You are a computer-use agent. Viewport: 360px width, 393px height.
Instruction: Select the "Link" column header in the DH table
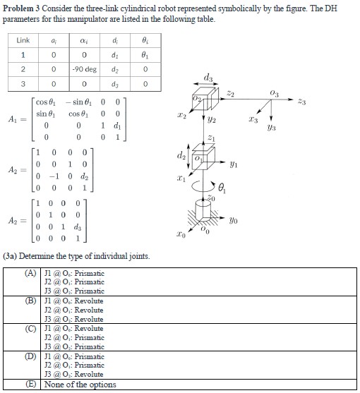pyautogui.click(x=23, y=42)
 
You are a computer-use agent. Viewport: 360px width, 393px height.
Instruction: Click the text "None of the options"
pyautogui.click(x=81, y=385)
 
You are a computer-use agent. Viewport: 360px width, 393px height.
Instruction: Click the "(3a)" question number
pyautogui.click(x=12, y=256)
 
